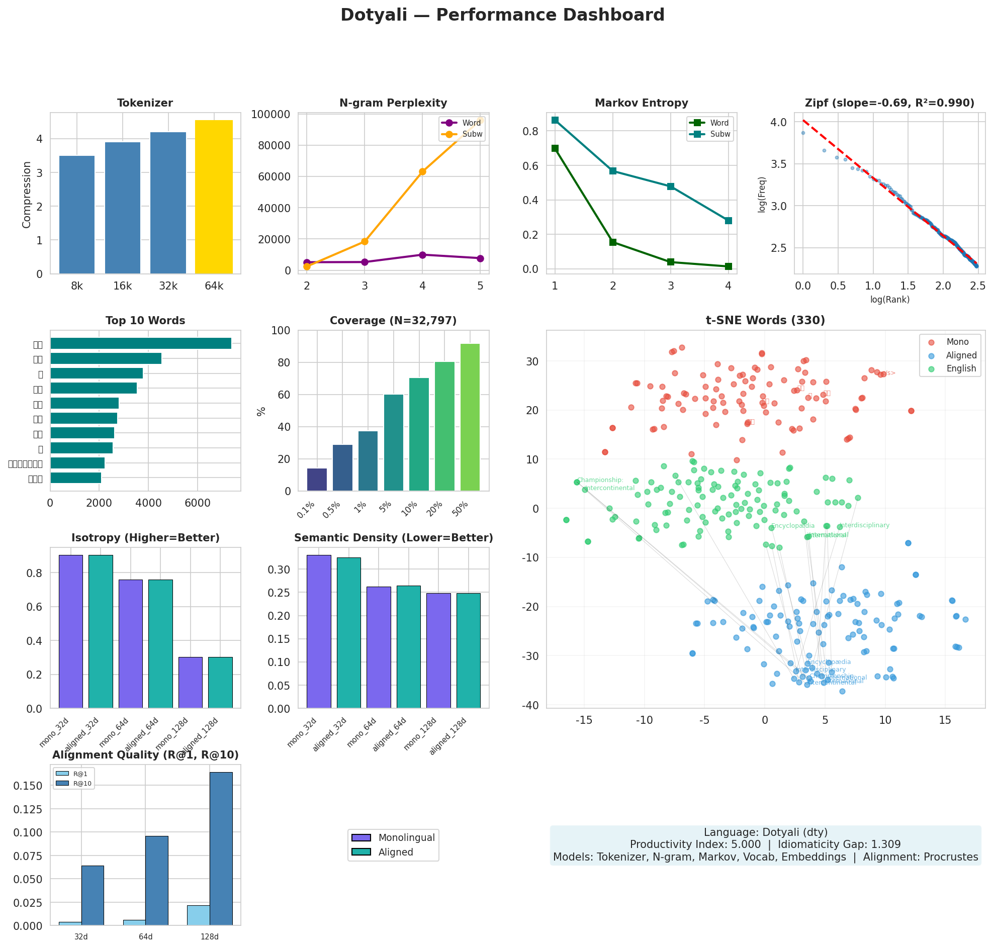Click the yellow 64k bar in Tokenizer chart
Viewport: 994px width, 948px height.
[214, 197]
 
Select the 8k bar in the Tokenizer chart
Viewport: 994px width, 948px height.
[77, 215]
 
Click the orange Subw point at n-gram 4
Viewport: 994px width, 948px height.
[422, 172]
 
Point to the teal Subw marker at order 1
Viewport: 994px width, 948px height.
[555, 120]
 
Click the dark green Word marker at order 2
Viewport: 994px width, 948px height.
[613, 243]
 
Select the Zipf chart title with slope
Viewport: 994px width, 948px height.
[889, 103]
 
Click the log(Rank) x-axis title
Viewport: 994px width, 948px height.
[889, 300]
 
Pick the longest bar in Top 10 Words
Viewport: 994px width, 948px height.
[140, 344]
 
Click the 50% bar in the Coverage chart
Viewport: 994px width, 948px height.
[470, 417]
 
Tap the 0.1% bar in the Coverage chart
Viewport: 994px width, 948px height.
[317, 480]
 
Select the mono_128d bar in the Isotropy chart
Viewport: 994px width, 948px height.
[191, 683]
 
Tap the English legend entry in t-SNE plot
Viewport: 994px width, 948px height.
[961, 368]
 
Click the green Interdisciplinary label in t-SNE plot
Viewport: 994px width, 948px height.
[864, 526]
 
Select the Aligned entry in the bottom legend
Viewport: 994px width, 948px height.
[395, 852]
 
